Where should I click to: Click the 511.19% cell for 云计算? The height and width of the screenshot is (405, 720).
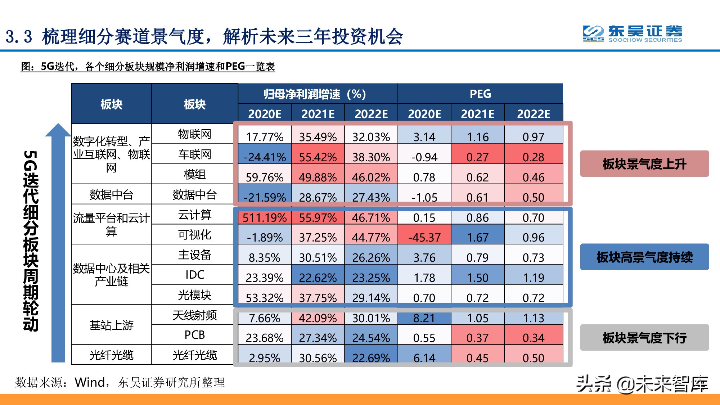click(x=264, y=217)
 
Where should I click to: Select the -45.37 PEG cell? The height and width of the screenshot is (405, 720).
click(x=424, y=237)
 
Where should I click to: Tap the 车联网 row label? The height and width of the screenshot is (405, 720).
click(x=194, y=154)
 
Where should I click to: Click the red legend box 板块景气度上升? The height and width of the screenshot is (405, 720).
click(x=644, y=164)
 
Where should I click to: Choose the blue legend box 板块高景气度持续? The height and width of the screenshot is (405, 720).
click(x=644, y=257)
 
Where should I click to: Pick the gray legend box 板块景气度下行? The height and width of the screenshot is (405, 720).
click(x=644, y=338)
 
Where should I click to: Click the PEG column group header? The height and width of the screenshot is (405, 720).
click(x=480, y=94)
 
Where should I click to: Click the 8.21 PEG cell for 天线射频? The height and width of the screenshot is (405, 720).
click(x=424, y=318)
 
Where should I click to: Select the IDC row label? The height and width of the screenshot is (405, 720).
click(x=194, y=275)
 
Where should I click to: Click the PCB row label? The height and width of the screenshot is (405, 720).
click(x=194, y=335)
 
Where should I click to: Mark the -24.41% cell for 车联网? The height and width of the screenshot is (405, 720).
click(x=264, y=157)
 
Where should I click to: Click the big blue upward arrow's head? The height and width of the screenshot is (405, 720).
click(x=58, y=130)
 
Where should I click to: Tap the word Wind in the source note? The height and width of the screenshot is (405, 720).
click(x=90, y=382)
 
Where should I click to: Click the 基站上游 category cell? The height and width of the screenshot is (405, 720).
click(x=111, y=325)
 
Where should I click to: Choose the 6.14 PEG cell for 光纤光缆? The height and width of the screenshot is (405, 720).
click(x=424, y=358)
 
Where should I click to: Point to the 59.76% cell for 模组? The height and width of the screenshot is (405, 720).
click(x=264, y=177)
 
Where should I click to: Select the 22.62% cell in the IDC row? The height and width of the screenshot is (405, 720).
click(x=318, y=278)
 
